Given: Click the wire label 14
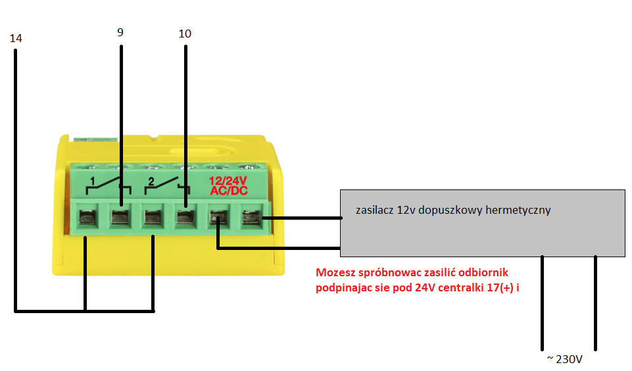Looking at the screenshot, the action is (x=16, y=38).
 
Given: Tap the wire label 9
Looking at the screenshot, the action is (x=120, y=32).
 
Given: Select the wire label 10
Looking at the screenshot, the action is (x=185, y=34).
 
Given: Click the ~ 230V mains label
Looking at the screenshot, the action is (x=565, y=359).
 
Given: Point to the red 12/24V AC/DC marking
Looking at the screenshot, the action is (x=228, y=186).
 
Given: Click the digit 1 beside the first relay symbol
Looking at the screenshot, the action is (x=92, y=181).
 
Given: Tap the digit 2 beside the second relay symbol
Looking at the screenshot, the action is (x=151, y=182).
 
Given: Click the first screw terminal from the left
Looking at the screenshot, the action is (x=88, y=218).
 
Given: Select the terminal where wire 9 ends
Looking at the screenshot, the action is (x=121, y=217).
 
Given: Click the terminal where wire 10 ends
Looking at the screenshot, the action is (x=186, y=217).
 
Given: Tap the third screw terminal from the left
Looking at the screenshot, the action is (x=153, y=218).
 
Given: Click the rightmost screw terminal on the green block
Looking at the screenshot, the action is (x=251, y=218).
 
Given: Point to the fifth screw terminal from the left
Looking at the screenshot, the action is (x=218, y=218).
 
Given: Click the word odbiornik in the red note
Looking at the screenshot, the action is (x=483, y=272).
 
